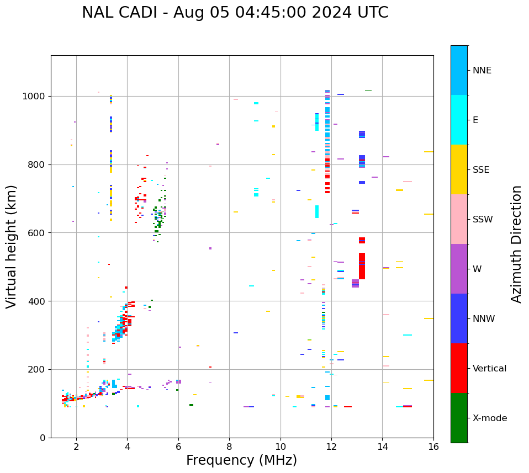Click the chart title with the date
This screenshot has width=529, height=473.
(235, 13)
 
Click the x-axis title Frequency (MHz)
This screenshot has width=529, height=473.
(241, 460)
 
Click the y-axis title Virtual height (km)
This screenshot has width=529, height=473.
(12, 247)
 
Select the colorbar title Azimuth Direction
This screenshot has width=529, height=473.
(516, 244)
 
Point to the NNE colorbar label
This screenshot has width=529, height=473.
(482, 71)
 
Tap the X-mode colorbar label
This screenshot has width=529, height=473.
(489, 418)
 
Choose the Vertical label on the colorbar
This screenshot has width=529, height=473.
(489, 369)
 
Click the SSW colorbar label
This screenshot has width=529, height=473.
(483, 220)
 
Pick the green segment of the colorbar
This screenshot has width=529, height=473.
(459, 418)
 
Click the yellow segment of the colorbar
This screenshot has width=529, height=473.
(459, 169)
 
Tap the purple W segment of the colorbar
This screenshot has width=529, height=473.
(459, 269)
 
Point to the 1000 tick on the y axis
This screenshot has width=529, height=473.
(35, 97)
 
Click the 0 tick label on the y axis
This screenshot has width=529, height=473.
(42, 438)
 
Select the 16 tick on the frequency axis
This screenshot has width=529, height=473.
(433, 447)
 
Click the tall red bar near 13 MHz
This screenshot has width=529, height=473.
(362, 266)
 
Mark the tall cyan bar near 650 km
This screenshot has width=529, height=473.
(317, 211)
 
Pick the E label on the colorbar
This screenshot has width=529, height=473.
(475, 120)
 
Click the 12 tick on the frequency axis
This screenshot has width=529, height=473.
(331, 447)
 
